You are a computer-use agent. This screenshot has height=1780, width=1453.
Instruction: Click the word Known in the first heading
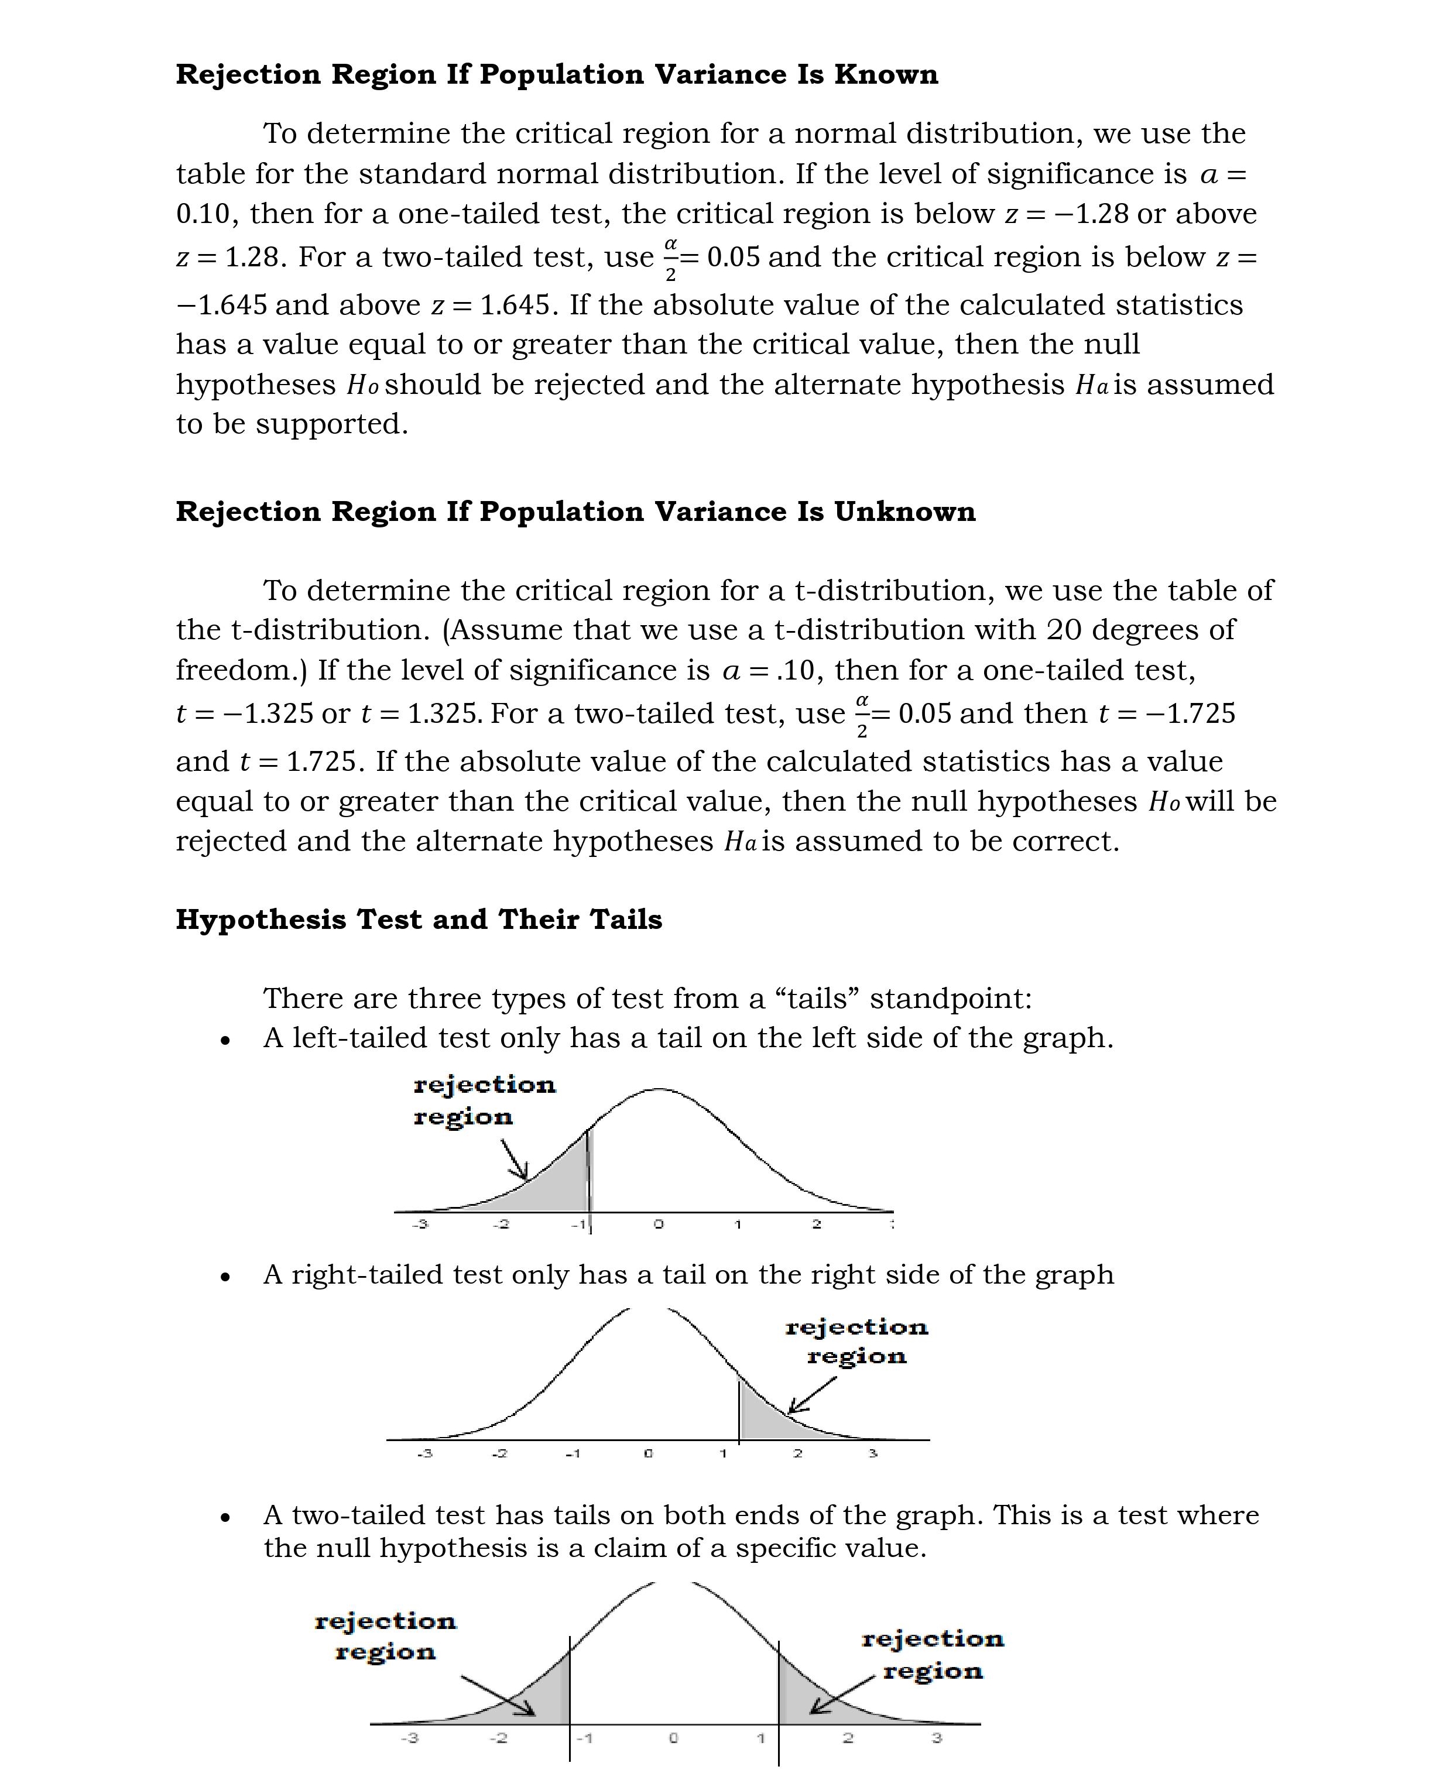pos(886,74)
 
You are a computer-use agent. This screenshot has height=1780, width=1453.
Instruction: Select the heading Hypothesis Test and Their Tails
pos(419,919)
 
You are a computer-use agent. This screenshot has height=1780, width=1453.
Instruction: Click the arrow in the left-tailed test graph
pos(515,1158)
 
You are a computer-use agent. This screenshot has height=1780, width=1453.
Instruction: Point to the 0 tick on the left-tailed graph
pos(658,1225)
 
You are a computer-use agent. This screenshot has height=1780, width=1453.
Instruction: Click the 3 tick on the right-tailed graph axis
pos(872,1453)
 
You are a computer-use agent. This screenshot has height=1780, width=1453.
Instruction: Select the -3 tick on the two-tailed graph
pos(409,1738)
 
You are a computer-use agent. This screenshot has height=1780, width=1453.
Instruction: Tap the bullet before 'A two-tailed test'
pos(224,1517)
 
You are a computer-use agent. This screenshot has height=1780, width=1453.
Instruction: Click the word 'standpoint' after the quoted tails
pos(951,999)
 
